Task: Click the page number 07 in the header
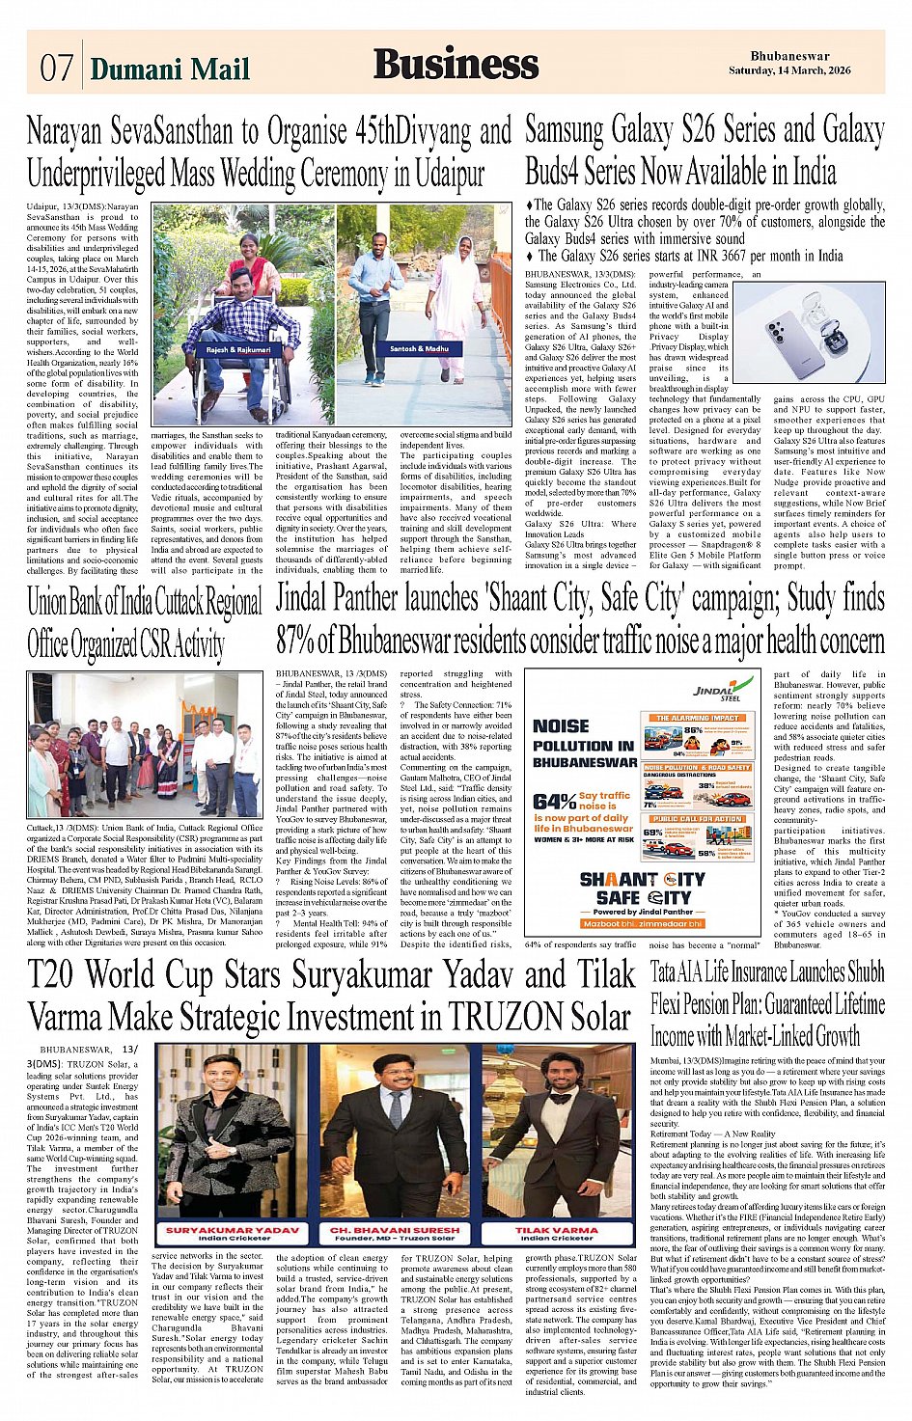coord(56,68)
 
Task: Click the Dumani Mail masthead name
coord(169,68)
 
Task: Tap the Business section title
coord(456,64)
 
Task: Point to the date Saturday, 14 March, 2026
coord(789,70)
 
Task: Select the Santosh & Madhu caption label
coord(419,348)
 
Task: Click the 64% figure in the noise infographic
coord(554,801)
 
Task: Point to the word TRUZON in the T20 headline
coord(502,1016)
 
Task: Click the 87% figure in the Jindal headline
coord(296,641)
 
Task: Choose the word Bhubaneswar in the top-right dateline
coord(789,57)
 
